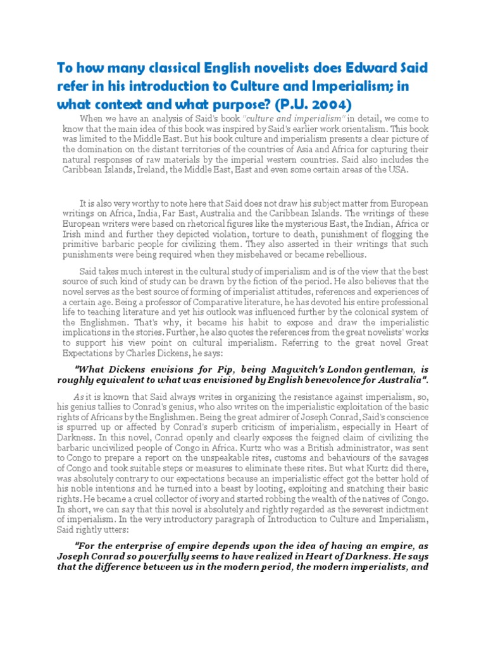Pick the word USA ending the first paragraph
(x=398, y=169)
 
